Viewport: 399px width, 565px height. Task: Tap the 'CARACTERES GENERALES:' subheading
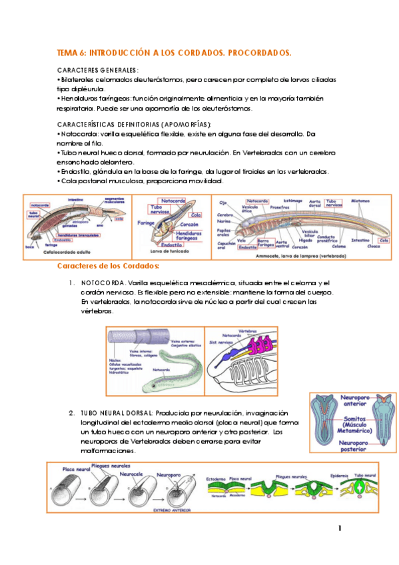pyautogui.click(x=98, y=69)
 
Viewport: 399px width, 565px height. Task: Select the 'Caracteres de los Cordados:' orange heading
pyautogui.click(x=108, y=267)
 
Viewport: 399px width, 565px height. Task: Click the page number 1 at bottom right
pyautogui.click(x=340, y=529)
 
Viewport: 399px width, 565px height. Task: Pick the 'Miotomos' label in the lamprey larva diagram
pyautogui.click(x=360, y=201)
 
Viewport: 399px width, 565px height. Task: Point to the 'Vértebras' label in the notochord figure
pyautogui.click(x=248, y=330)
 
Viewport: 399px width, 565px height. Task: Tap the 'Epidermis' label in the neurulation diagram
pyautogui.click(x=340, y=476)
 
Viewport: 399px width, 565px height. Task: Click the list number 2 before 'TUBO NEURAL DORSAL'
pyautogui.click(x=71, y=412)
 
